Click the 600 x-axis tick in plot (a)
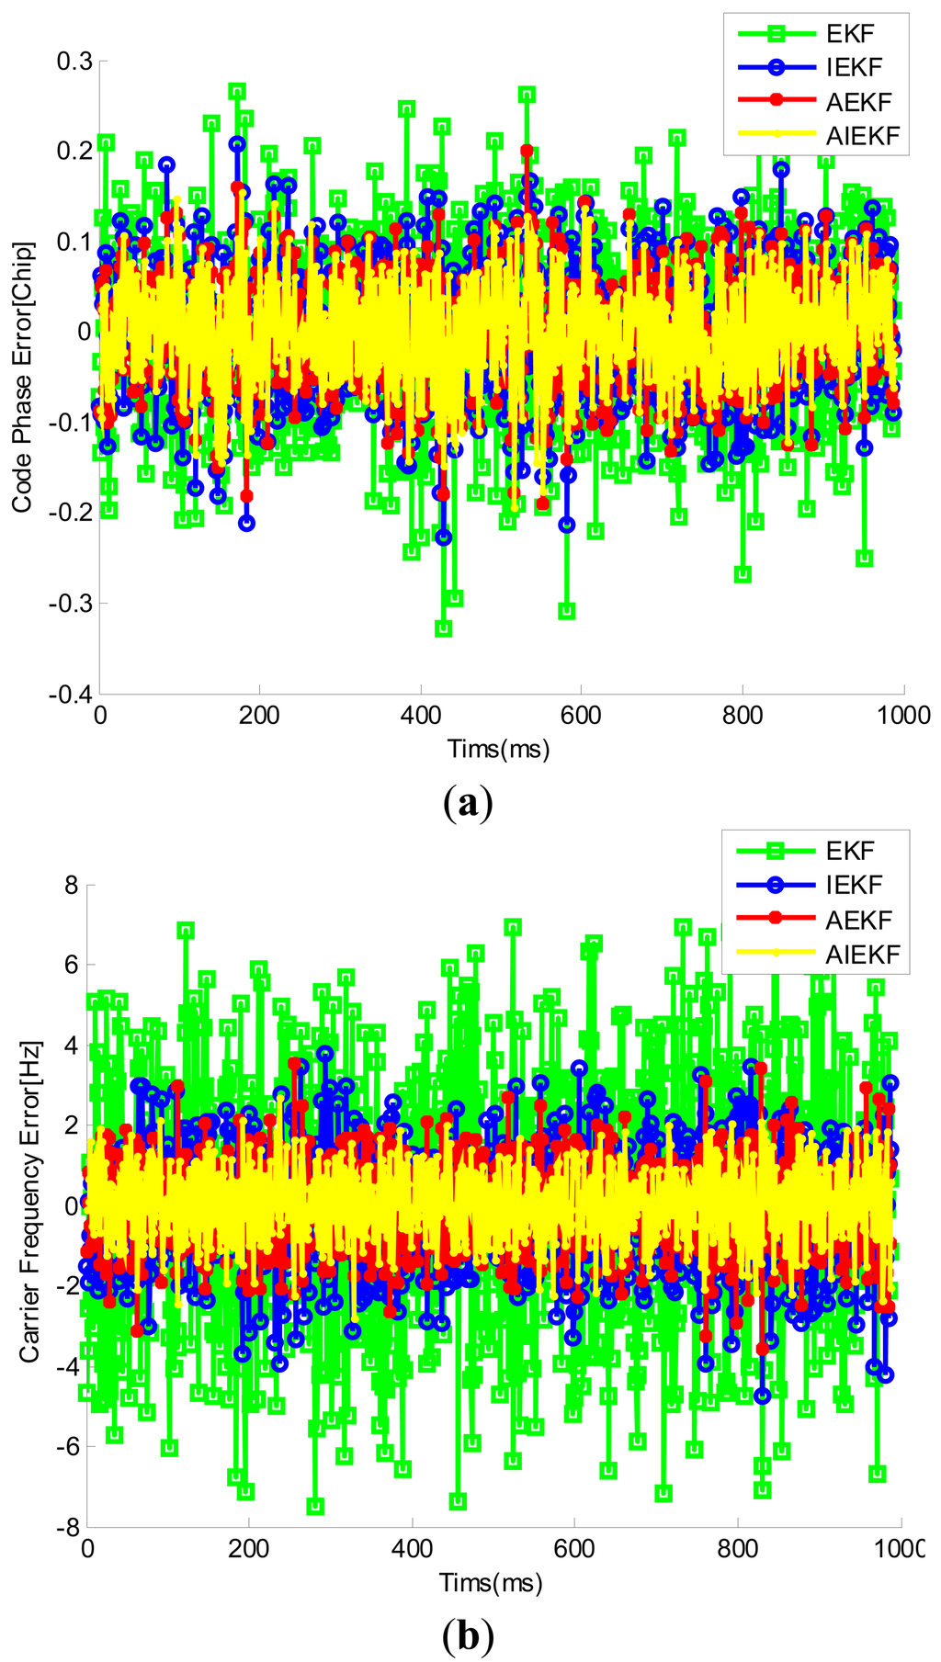click(581, 717)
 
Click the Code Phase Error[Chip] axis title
click(23, 377)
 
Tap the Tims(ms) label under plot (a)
click(498, 749)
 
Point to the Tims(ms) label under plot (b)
click(491, 1582)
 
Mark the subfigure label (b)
click(467, 1635)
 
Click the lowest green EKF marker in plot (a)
click(444, 628)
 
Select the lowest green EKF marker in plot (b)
click(315, 1507)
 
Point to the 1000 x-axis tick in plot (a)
click(903, 717)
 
